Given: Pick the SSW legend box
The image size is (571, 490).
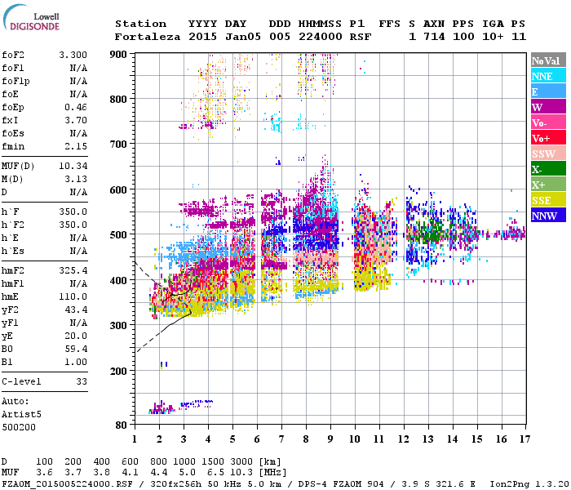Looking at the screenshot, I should (546, 154).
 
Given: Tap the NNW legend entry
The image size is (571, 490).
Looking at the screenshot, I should (546, 216).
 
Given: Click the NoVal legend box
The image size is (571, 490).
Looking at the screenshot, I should (546, 60).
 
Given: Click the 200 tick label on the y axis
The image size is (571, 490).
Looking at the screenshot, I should (119, 371).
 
